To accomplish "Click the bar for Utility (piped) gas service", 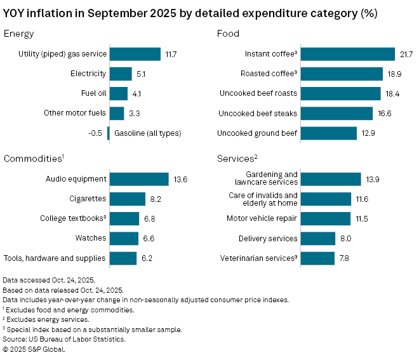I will click(x=135, y=55).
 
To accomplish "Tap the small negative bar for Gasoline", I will click(x=109, y=133).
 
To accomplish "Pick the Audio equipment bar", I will click(x=139, y=180).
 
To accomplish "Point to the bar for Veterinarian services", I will click(x=317, y=258).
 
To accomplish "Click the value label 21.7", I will click(x=406, y=55).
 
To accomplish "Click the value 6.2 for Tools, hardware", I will click(x=146, y=258).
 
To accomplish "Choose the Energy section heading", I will click(x=19, y=34).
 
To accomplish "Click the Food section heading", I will click(x=228, y=34).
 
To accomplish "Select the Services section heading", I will click(x=236, y=158).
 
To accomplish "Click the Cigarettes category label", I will click(x=88, y=199).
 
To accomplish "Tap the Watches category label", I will click(x=91, y=239).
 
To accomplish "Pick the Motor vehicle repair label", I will click(x=262, y=219).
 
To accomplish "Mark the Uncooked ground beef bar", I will click(x=329, y=133).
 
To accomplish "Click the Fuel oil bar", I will click(x=119, y=94).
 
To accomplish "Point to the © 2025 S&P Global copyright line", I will click(x=34, y=349).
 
